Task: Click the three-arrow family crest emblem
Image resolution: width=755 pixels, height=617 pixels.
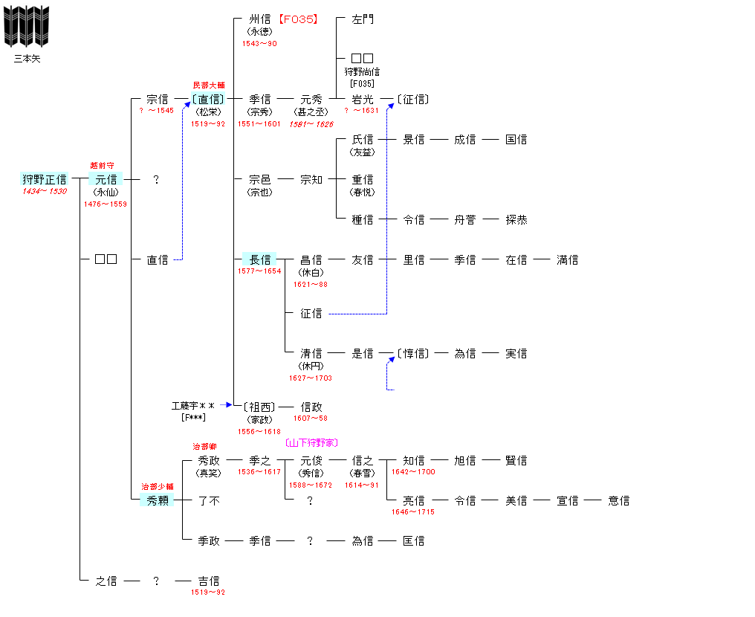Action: click(27, 27)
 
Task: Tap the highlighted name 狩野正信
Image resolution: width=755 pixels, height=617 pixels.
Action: click(45, 179)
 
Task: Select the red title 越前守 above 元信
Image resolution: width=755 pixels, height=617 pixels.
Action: click(102, 166)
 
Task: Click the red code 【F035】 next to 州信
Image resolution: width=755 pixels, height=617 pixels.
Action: click(298, 19)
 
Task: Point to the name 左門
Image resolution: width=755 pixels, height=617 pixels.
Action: click(363, 19)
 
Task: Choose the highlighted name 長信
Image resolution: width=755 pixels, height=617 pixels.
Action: click(259, 259)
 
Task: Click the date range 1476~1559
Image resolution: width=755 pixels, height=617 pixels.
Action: click(106, 204)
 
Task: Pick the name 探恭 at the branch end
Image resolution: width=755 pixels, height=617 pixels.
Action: click(516, 219)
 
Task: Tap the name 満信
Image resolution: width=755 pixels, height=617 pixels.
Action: click(567, 260)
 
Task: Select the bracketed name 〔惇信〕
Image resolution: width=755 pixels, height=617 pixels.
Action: click(413, 354)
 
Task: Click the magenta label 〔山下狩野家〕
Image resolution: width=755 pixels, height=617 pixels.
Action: click(311, 442)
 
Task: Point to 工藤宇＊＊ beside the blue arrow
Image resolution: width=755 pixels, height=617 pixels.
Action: click(193, 406)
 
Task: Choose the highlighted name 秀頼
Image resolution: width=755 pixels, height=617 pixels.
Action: click(158, 500)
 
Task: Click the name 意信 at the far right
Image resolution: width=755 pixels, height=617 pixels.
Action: click(619, 501)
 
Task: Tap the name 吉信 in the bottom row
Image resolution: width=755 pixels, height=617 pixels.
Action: click(209, 581)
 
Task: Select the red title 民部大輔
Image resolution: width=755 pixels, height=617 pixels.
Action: click(209, 85)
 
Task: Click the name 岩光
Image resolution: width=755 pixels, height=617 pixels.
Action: click(363, 99)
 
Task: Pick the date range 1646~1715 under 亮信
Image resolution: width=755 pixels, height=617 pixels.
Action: click(413, 512)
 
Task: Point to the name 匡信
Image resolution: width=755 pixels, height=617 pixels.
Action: click(414, 541)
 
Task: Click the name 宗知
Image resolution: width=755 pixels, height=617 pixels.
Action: click(311, 180)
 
